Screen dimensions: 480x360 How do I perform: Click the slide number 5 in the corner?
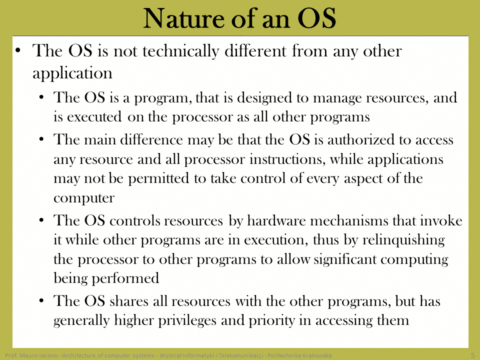[473, 355]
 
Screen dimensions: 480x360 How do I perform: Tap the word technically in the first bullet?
[181, 51]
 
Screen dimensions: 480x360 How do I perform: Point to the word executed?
[94, 117]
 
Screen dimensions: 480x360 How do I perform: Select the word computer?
[84, 198]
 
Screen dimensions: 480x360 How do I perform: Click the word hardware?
[276, 220]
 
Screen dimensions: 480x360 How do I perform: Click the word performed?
[125, 278]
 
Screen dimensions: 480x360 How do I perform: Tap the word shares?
[129, 301]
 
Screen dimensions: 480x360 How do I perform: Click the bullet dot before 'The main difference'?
[41, 139]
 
